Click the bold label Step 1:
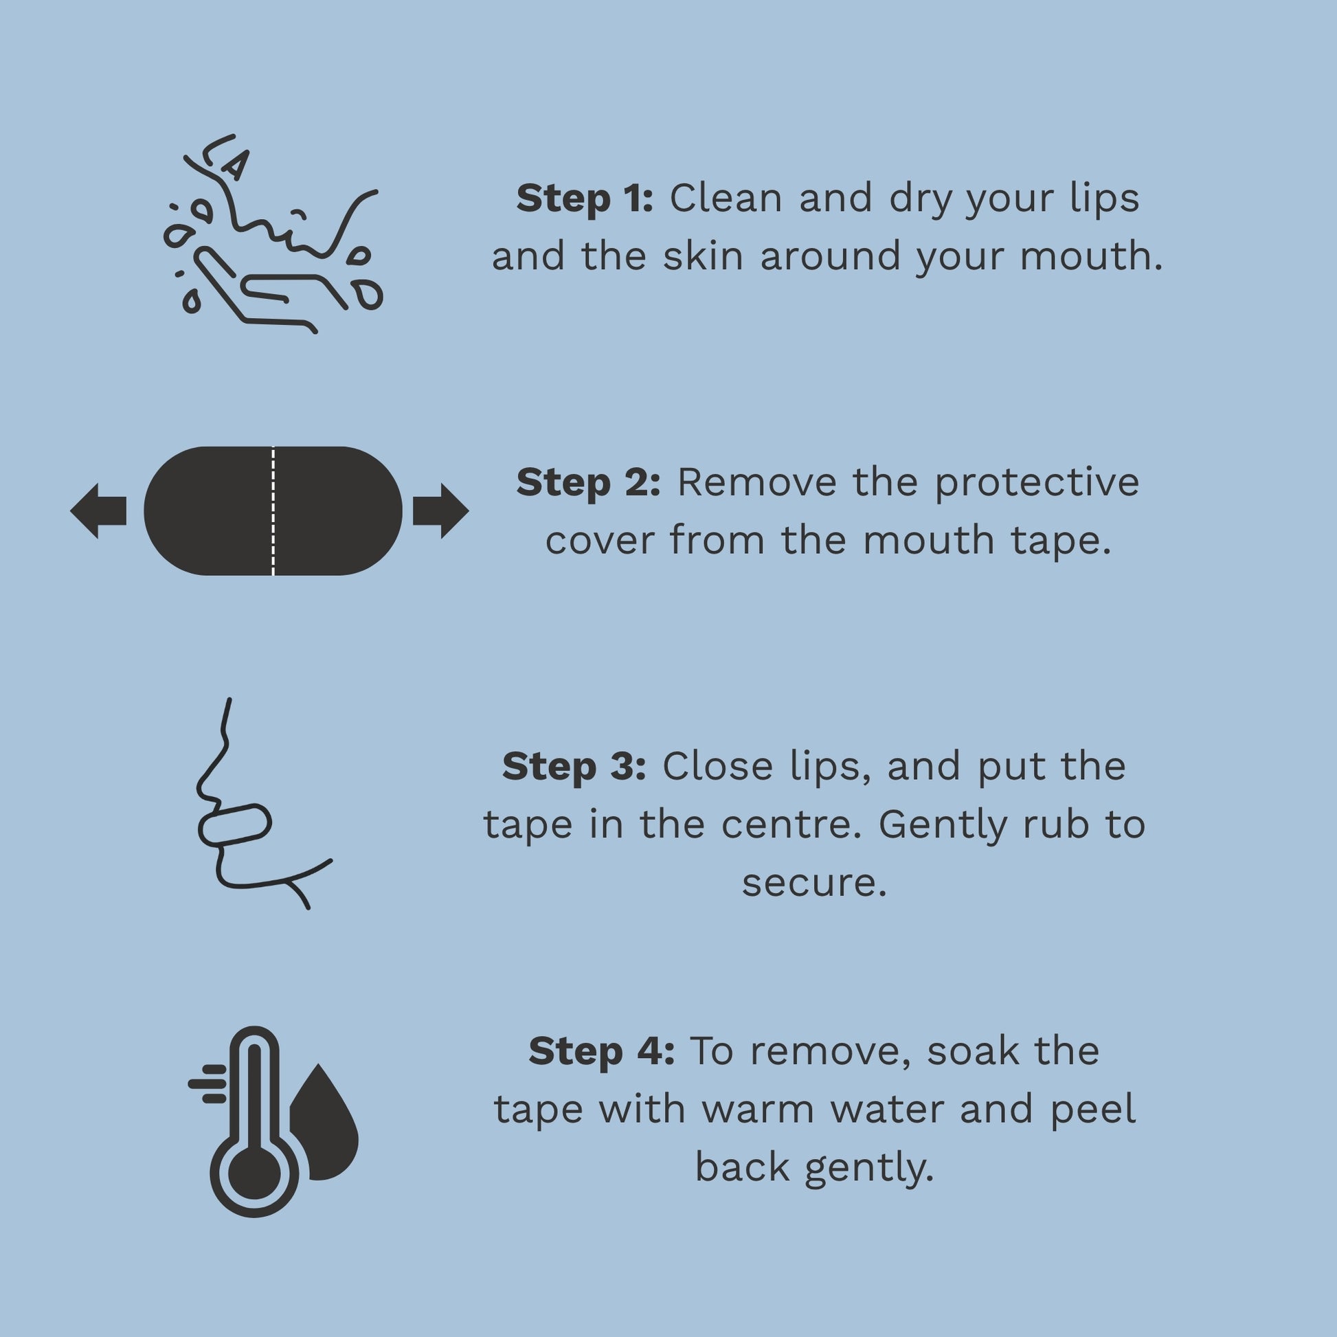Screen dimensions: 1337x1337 click(585, 199)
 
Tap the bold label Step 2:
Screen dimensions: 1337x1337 click(588, 482)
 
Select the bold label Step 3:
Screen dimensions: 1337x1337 click(574, 767)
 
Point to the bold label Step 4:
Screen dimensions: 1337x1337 click(601, 1051)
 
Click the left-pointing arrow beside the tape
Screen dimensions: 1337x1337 click(98, 510)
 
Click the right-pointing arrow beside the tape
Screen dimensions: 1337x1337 click(441, 510)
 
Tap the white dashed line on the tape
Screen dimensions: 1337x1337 click(273, 510)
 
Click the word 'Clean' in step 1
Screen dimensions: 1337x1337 click(726, 199)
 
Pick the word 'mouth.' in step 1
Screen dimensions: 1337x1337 click(1091, 257)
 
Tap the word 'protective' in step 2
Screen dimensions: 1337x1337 click(1037, 484)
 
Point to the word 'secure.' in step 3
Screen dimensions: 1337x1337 click(815, 883)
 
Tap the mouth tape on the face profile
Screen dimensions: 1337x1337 click(234, 824)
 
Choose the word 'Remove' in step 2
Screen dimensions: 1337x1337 click(757, 482)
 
